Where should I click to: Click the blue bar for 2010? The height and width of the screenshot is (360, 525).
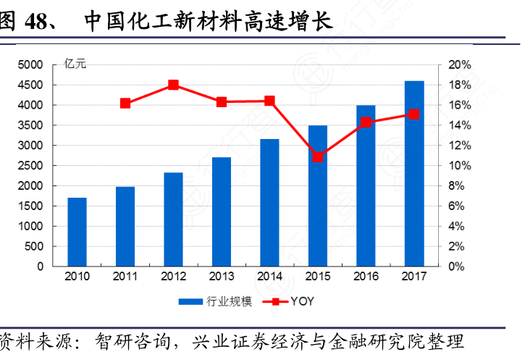[x=77, y=232]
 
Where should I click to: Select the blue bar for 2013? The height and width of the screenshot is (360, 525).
[x=222, y=212]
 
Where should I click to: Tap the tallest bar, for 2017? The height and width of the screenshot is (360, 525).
[x=414, y=174]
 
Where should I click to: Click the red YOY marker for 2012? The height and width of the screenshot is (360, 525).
[x=174, y=85]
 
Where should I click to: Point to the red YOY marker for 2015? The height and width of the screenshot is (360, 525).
[x=317, y=156]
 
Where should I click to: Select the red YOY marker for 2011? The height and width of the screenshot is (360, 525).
[x=125, y=104]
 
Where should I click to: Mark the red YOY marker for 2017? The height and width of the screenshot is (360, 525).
[x=414, y=114]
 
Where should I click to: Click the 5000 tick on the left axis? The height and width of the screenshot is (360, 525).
[x=31, y=65]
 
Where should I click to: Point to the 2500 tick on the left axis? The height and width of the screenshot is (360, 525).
[x=31, y=166]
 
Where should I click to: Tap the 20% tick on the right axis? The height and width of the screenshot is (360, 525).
[x=460, y=65]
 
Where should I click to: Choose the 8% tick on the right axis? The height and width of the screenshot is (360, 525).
[x=458, y=186]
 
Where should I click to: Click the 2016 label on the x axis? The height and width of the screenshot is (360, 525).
[x=366, y=277]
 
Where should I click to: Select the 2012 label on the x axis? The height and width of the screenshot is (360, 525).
[x=174, y=277]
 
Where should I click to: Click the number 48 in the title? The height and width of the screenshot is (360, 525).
[x=38, y=21]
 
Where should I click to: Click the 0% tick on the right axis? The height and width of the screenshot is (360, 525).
[x=458, y=267]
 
